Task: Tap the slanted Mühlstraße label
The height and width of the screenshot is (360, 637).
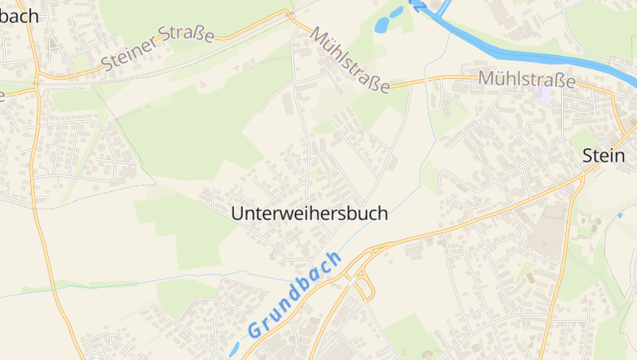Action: click(x=350, y=61)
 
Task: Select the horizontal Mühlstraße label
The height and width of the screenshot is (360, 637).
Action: click(x=526, y=80)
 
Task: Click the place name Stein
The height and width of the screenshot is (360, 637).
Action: click(x=603, y=155)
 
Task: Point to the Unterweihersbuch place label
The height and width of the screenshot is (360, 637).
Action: click(x=310, y=213)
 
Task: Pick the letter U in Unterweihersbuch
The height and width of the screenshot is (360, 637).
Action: click(x=236, y=213)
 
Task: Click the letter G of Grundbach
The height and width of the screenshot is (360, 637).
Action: click(x=254, y=327)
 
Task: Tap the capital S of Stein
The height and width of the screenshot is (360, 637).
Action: click(x=588, y=155)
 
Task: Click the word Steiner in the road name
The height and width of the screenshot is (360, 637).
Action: click(x=129, y=57)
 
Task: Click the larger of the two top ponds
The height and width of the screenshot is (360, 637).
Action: click(x=381, y=25)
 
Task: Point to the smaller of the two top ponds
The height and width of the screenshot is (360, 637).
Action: click(x=395, y=13)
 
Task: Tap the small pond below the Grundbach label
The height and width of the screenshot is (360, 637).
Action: click(x=233, y=350)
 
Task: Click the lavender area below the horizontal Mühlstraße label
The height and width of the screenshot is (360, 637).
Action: click(x=542, y=93)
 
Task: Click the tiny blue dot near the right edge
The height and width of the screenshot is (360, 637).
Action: click(x=619, y=216)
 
